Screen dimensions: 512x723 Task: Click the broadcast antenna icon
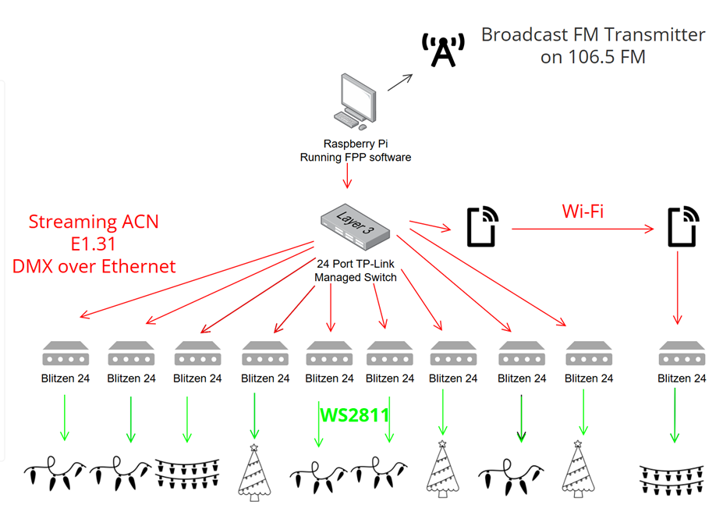(x=442, y=50)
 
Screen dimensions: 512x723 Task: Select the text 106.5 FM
(x=593, y=57)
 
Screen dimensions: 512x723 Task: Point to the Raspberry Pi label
(x=355, y=144)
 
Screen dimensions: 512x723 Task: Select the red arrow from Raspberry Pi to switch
(x=347, y=177)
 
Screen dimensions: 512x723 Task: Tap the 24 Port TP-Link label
(x=356, y=264)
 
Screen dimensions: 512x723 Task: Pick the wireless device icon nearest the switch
(x=480, y=227)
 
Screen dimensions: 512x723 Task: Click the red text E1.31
(x=94, y=244)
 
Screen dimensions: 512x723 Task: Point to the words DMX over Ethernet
(x=94, y=266)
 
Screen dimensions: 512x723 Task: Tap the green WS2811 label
(x=354, y=414)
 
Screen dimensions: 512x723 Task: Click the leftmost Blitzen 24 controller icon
(x=65, y=354)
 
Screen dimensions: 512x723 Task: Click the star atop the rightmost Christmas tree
(x=578, y=443)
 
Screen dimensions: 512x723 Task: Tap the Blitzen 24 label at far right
(x=682, y=379)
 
